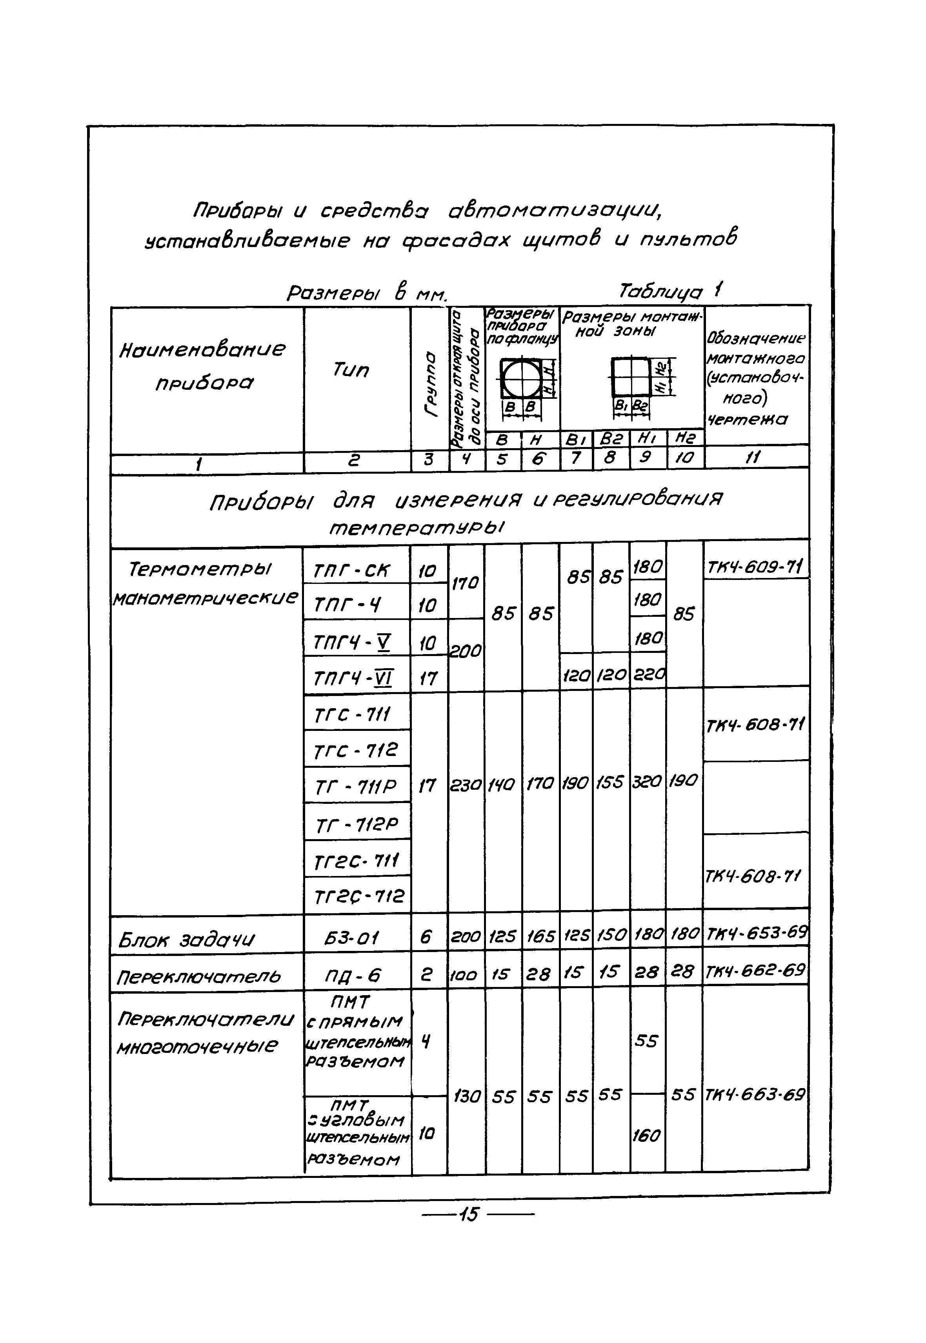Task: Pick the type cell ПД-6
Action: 353,976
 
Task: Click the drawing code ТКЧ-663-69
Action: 754,1095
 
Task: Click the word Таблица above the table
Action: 661,291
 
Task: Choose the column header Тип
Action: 351,369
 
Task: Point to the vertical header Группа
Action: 430,383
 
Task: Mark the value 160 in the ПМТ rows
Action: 647,1135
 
